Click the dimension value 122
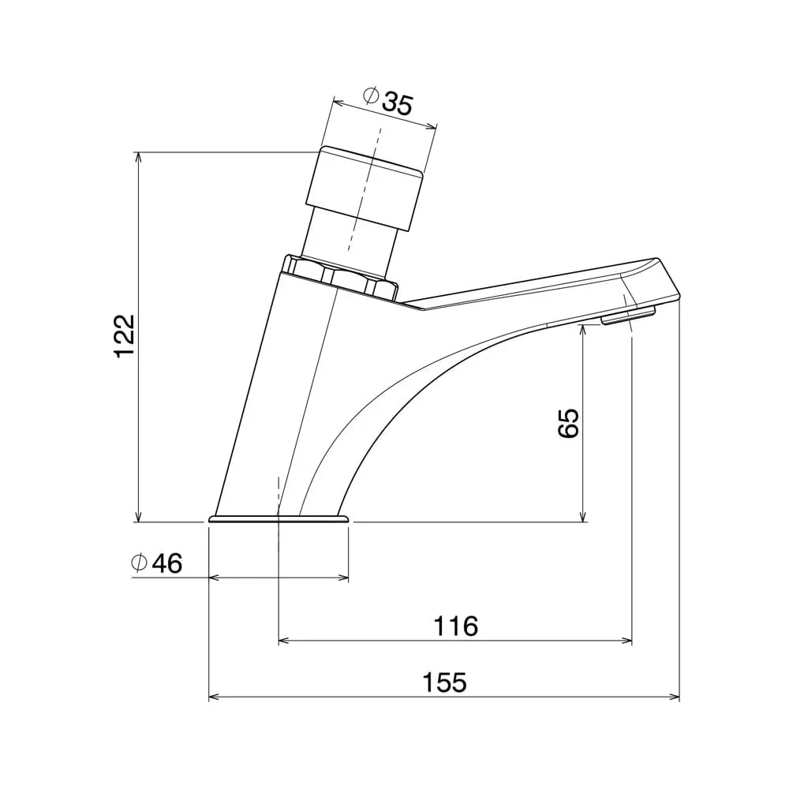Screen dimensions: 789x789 click(x=125, y=336)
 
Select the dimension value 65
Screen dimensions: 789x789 click(x=569, y=423)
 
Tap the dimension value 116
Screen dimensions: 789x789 click(x=456, y=626)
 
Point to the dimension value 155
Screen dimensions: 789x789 click(x=445, y=682)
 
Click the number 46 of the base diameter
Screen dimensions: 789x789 click(x=167, y=563)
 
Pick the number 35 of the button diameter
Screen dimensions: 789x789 click(x=398, y=103)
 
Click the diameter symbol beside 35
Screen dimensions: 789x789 click(x=371, y=95)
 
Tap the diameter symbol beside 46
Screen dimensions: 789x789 click(x=139, y=563)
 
